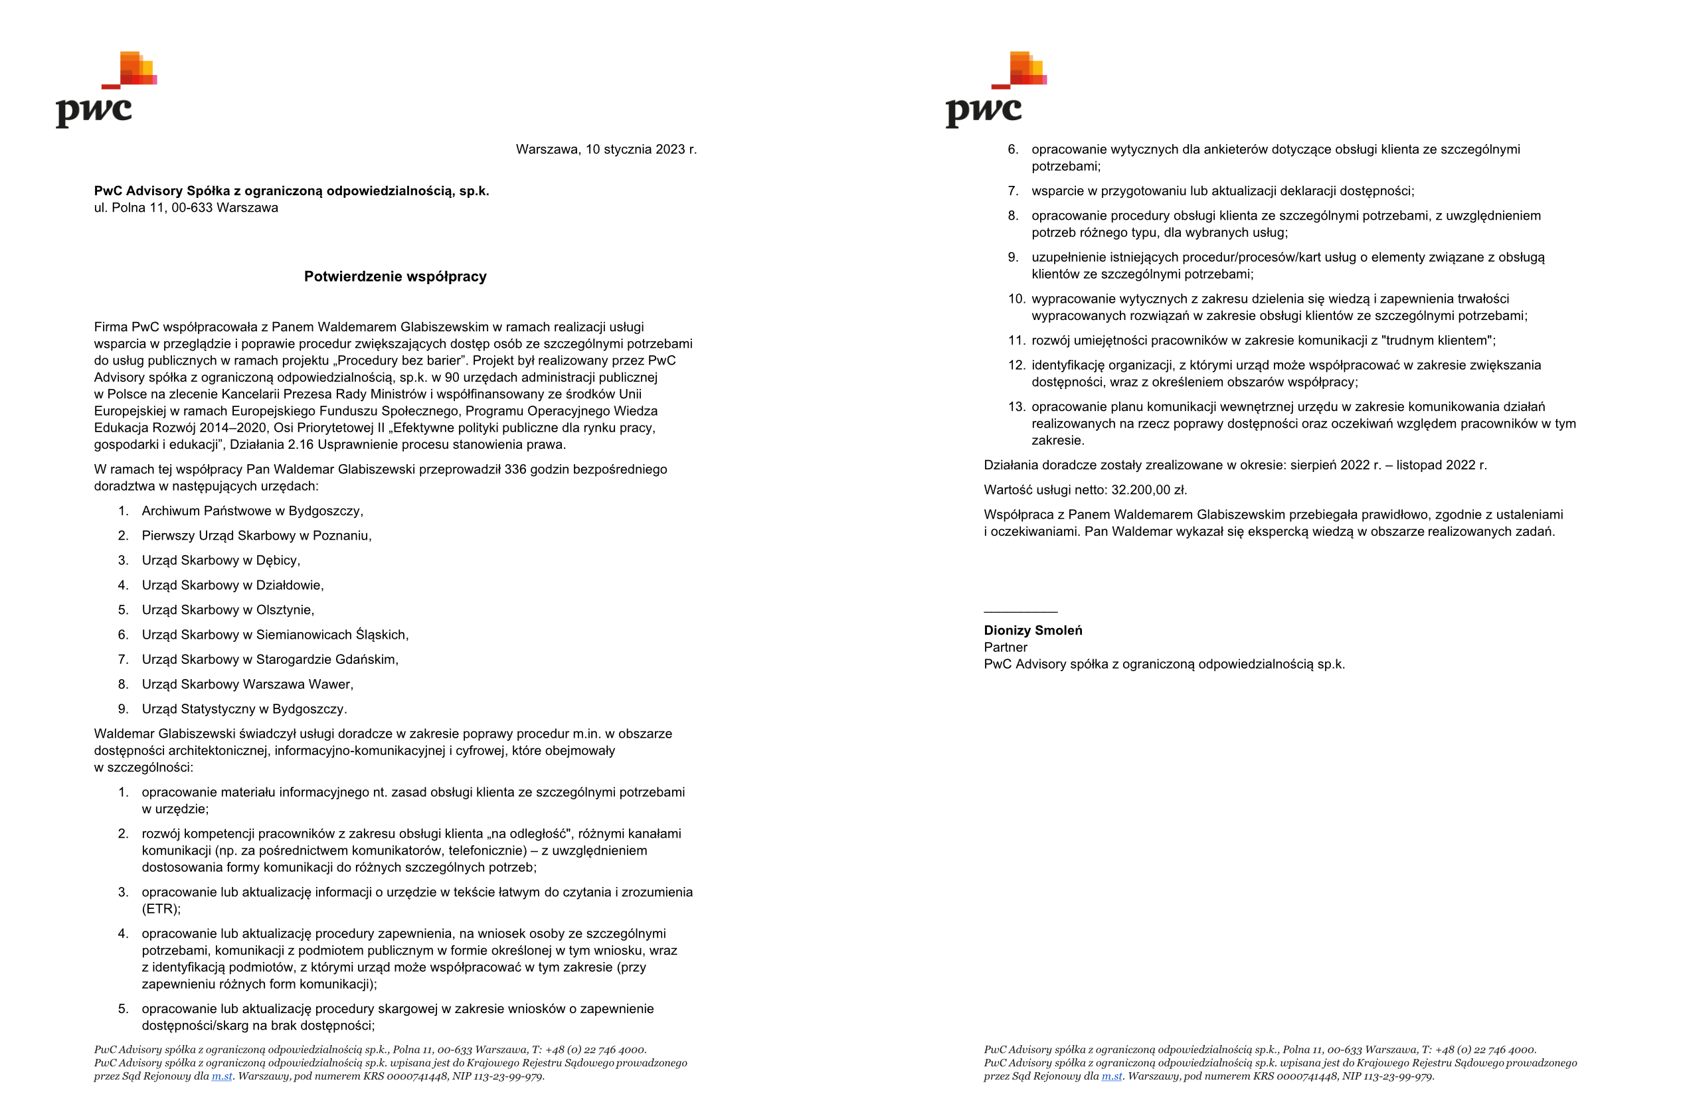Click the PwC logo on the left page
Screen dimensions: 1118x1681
tap(106, 90)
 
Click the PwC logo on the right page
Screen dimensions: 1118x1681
tap(996, 90)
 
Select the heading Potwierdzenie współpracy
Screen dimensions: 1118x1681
tap(395, 277)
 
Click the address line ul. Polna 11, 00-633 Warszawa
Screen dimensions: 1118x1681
tap(186, 208)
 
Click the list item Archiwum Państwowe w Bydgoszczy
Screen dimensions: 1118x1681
tap(252, 511)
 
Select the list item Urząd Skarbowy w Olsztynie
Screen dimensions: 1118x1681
tap(228, 610)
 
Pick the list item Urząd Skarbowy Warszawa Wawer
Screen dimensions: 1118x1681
tap(247, 684)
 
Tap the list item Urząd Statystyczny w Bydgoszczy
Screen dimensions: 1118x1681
tap(244, 710)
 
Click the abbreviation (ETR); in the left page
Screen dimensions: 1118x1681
tap(161, 909)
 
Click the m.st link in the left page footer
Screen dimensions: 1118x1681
tap(222, 1077)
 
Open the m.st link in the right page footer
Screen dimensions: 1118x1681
tap(1111, 1077)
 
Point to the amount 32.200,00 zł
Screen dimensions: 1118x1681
tap(1148, 491)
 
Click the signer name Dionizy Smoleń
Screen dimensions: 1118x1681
tap(1033, 631)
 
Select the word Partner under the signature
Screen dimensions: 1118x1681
tap(1006, 648)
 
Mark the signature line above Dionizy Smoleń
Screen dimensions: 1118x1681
tap(1020, 611)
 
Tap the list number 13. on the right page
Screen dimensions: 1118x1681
tap(1016, 407)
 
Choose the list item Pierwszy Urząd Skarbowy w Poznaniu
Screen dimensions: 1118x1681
tap(256, 536)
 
